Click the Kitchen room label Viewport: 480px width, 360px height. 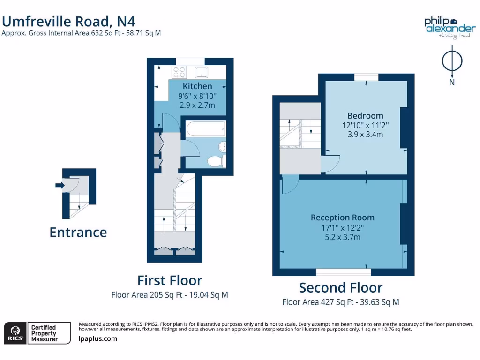[197, 86]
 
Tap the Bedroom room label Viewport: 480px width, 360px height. [365, 116]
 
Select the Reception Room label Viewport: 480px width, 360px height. [343, 217]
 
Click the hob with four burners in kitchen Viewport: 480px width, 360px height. [179, 72]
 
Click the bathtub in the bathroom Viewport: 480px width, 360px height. [206, 129]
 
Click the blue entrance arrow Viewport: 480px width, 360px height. [60, 185]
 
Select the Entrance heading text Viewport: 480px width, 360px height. [78, 232]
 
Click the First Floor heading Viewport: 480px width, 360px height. [170, 280]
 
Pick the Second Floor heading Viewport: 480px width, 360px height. [341, 287]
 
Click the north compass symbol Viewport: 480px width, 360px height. [452, 63]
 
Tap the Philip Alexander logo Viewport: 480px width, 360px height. [450, 27]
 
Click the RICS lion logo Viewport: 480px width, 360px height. [15, 333]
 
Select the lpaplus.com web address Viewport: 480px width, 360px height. [98, 339]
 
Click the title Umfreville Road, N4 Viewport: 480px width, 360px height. [69, 21]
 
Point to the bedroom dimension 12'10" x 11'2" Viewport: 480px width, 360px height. [365, 125]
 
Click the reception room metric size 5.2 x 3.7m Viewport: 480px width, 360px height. [343, 237]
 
